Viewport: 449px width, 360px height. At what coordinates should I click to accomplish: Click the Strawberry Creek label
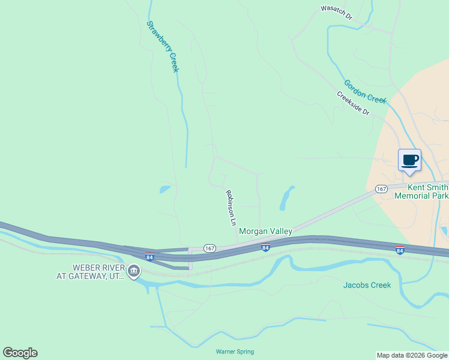(x=163, y=47)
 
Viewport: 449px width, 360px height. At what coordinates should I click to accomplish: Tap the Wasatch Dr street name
(x=336, y=13)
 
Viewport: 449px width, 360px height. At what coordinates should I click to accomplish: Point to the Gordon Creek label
(x=364, y=91)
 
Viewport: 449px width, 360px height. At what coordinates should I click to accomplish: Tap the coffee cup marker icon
(x=410, y=161)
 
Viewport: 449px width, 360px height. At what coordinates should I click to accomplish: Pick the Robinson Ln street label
(x=231, y=208)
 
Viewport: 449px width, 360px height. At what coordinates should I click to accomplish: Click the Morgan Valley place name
(x=265, y=231)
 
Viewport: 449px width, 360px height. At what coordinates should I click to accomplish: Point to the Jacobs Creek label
(x=367, y=285)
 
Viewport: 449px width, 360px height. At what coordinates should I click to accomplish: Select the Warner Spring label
(x=235, y=352)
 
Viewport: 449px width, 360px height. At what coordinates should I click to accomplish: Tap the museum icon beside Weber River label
(x=133, y=272)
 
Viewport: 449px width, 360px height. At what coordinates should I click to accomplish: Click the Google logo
(x=20, y=353)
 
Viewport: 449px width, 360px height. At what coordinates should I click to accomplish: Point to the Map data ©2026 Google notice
(x=412, y=355)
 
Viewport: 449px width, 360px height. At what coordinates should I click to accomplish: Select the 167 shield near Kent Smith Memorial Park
(x=381, y=189)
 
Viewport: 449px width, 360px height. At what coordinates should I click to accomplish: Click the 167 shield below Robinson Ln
(x=209, y=248)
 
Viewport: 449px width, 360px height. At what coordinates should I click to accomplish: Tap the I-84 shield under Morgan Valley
(x=265, y=246)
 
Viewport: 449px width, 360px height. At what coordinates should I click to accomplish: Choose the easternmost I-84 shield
(x=400, y=250)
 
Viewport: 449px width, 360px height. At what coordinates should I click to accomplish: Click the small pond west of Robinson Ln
(x=164, y=190)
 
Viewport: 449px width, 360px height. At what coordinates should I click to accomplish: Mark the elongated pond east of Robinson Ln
(x=286, y=198)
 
